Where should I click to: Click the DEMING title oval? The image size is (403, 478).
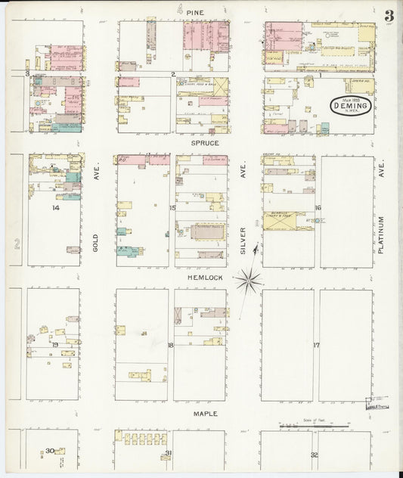(x=350, y=107)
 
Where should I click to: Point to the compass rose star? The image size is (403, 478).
(x=247, y=281)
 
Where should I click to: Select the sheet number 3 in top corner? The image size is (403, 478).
(x=388, y=15)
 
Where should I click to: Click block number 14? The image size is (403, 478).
(x=55, y=206)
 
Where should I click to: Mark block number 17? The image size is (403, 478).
(x=317, y=345)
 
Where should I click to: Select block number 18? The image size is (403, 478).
(x=171, y=345)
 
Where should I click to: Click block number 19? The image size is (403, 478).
(x=55, y=344)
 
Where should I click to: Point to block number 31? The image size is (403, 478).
(x=169, y=453)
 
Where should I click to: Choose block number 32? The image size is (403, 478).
(x=314, y=454)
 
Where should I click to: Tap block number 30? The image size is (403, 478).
(x=49, y=451)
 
